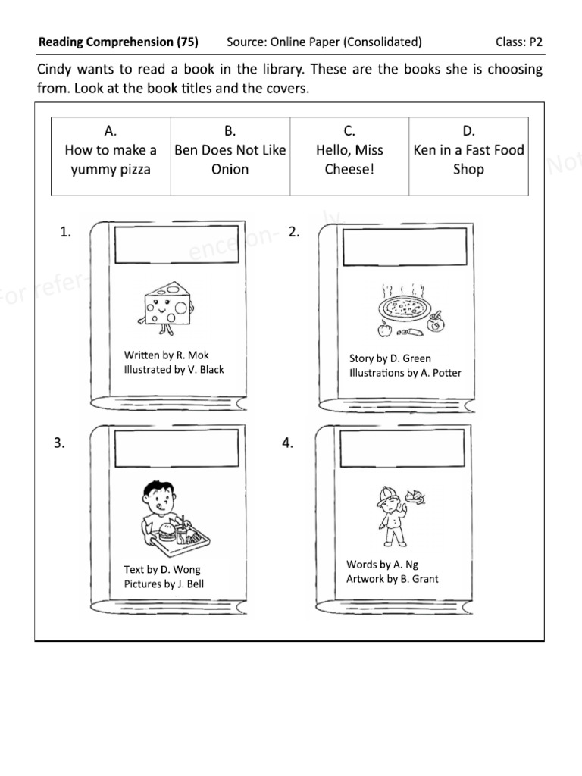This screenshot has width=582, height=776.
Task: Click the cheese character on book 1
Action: tap(163, 304)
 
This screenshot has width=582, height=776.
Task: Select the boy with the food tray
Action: tap(171, 519)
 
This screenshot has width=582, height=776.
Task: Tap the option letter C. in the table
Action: tap(349, 130)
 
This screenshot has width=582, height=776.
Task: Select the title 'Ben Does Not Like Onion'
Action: tap(230, 159)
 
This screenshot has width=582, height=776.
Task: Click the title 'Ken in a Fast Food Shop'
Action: tap(468, 159)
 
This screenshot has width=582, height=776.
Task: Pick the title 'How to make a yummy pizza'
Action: tap(111, 159)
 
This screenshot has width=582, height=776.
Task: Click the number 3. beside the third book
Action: tap(59, 444)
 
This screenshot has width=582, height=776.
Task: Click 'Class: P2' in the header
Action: tap(519, 42)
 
